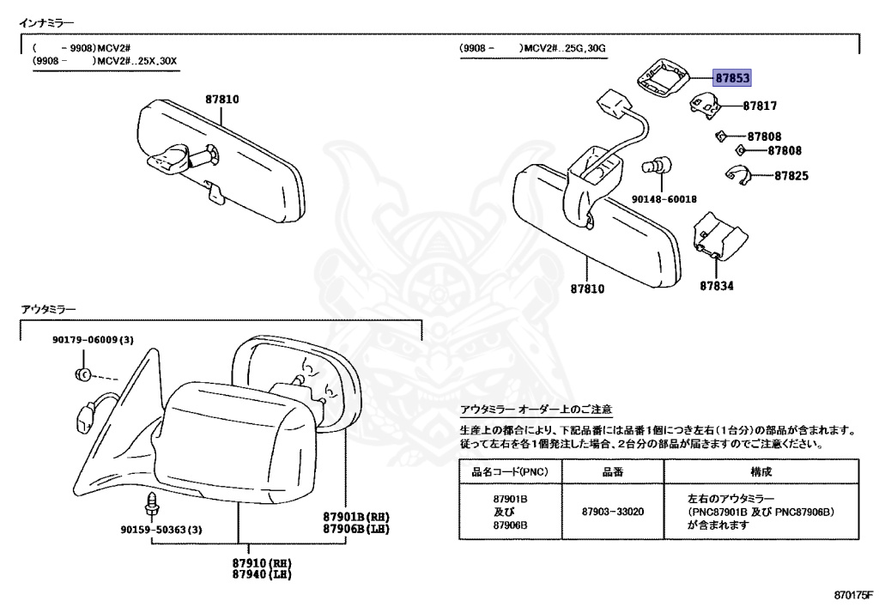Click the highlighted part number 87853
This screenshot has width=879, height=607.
[732, 78]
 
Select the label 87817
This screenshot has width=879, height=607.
[760, 106]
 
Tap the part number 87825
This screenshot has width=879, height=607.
[791, 176]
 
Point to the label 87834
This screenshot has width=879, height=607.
[716, 286]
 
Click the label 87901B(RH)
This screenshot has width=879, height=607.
[357, 516]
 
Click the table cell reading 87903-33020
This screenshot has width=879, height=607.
[612, 512]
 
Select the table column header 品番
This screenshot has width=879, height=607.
[612, 471]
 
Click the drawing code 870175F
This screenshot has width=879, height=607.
[852, 594]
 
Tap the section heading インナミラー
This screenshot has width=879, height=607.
[47, 21]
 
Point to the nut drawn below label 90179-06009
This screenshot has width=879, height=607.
[82, 373]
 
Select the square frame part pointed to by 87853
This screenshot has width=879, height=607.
[662, 77]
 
